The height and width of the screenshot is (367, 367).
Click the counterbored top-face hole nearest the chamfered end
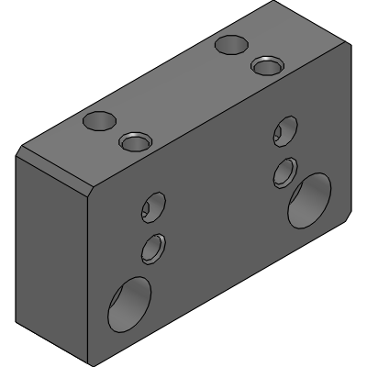134,140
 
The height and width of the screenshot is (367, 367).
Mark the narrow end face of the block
50,248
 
